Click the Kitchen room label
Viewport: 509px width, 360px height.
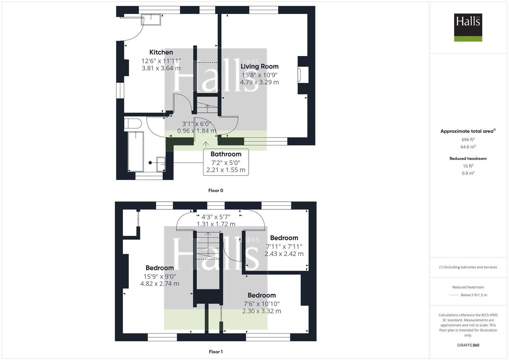pyautogui.click(x=161, y=52)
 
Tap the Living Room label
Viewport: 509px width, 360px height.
pyautogui.click(x=259, y=66)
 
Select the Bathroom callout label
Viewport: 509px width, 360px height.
pyautogui.click(x=226, y=154)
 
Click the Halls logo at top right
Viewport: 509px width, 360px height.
pyautogui.click(x=468, y=27)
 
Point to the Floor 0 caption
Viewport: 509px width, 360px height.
pyautogui.click(x=215, y=191)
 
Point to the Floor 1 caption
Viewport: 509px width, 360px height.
pyautogui.click(x=215, y=352)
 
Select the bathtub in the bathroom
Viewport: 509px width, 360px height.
pyautogui.click(x=136, y=151)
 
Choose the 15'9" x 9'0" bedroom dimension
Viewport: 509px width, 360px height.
pyautogui.click(x=160, y=276)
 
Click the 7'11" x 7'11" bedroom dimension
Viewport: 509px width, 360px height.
pyautogui.click(x=284, y=246)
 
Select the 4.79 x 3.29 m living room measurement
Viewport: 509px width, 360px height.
pyautogui.click(x=259, y=82)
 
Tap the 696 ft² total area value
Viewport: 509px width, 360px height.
pyautogui.click(x=468, y=140)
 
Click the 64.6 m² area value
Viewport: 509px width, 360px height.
pyautogui.click(x=468, y=147)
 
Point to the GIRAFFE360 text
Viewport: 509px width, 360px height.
pyautogui.click(x=468, y=345)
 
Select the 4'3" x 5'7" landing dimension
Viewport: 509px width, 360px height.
pyautogui.click(x=216, y=216)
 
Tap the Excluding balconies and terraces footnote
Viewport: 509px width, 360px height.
pyautogui.click(x=468, y=267)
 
